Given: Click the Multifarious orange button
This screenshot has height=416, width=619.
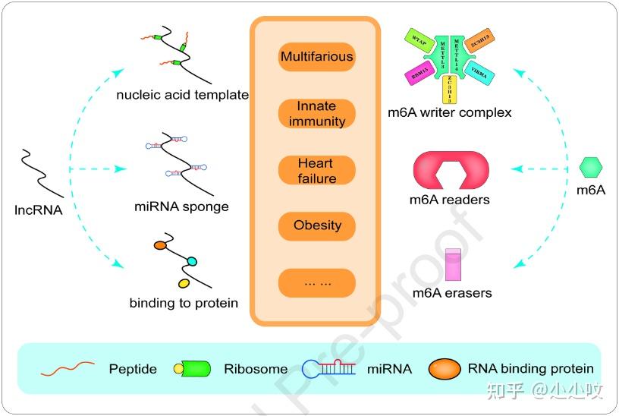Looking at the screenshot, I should (x=316, y=57).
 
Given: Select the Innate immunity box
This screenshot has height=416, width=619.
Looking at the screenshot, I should (x=316, y=114).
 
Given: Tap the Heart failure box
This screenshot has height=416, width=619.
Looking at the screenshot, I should (x=316, y=171).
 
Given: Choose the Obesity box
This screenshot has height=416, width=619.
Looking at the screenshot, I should (x=316, y=225).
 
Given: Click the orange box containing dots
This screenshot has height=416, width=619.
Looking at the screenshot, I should (x=316, y=282).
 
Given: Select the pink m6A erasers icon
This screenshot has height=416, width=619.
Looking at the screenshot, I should (x=453, y=266).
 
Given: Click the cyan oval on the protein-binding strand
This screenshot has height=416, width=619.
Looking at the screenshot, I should (x=191, y=261).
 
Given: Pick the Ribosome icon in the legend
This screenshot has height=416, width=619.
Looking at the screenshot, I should (x=193, y=369).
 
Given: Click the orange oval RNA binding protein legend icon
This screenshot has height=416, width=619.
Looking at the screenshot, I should (x=444, y=369).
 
